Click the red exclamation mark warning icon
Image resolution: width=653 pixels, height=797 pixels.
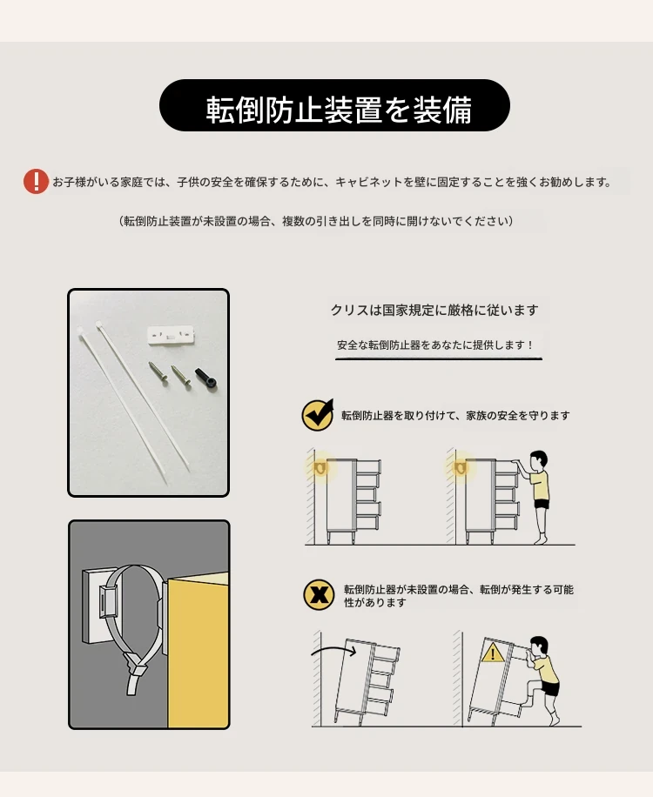pos(36,182)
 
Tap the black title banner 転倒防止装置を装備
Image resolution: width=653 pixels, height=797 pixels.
pos(334,105)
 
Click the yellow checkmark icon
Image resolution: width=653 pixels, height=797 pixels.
pos(318,415)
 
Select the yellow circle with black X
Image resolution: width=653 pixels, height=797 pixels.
pos(319,594)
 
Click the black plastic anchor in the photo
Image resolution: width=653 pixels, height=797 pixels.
pos(206,378)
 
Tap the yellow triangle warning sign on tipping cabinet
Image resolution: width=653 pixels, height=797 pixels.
pos(492,653)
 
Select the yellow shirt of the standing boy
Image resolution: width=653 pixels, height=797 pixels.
pos(539,486)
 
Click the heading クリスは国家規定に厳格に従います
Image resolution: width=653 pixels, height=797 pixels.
pos(434,310)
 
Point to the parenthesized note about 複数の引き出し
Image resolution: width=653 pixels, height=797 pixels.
pos(316,221)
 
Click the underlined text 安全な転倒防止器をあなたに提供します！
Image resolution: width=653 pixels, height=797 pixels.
pos(435,345)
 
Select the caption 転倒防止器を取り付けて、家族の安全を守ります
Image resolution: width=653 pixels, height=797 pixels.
pos(455,415)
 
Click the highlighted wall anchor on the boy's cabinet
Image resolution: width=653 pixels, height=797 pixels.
pos(461,468)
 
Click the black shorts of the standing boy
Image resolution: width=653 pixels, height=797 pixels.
pos(541,505)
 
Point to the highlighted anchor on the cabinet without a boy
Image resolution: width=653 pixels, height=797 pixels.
pos(320,468)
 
